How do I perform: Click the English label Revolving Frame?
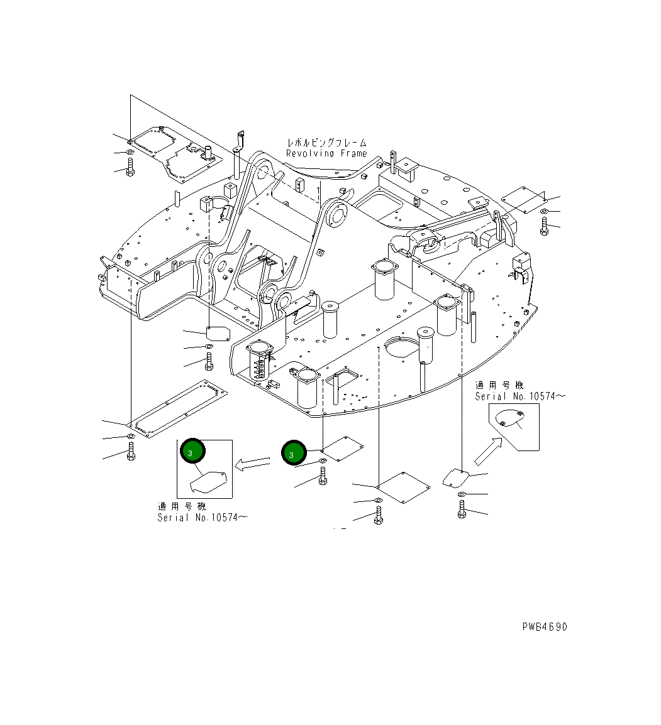point(326,153)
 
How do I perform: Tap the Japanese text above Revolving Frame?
point(326,143)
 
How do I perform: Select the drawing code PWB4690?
point(544,627)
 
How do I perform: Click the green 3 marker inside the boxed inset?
point(192,451)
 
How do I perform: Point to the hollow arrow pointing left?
point(251,464)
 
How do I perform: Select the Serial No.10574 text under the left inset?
point(202,518)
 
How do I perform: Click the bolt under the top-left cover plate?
point(130,167)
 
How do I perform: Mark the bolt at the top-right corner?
point(545,226)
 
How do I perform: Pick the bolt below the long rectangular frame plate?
point(131,452)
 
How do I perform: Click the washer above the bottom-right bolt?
point(462,495)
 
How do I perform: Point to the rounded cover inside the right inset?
point(510,418)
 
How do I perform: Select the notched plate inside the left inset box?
point(208,482)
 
